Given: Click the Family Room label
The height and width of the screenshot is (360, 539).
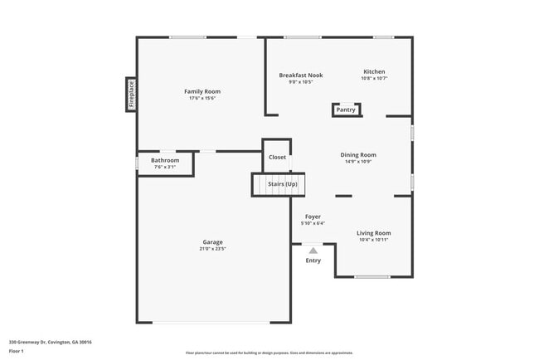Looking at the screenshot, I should (x=202, y=90).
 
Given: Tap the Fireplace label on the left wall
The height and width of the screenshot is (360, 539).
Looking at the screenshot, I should (x=130, y=94).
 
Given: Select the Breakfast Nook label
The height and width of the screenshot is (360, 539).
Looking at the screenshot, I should (x=300, y=75).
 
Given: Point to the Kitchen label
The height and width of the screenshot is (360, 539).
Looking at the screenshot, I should (x=374, y=71).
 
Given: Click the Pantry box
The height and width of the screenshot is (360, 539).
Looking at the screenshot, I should (x=346, y=109).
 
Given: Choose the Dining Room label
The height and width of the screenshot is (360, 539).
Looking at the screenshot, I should (x=358, y=154).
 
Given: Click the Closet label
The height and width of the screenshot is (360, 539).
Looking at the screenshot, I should (x=277, y=157).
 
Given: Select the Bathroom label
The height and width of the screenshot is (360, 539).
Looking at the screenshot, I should (x=165, y=160).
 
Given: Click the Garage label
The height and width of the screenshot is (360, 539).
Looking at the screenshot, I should (x=212, y=241).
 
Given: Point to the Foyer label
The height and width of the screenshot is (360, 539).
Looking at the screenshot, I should (x=313, y=216).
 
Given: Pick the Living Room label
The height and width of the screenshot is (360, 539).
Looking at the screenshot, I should (x=373, y=233).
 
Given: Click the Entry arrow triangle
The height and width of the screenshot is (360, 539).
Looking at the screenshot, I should (x=313, y=250).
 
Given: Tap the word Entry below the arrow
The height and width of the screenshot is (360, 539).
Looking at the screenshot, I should (x=313, y=260).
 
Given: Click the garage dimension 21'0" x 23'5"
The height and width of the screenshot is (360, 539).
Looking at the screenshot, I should (x=212, y=249).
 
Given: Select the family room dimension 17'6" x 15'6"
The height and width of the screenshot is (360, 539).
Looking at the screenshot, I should (x=202, y=98).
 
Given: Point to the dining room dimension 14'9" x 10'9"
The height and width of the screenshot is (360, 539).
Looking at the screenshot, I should (x=358, y=162).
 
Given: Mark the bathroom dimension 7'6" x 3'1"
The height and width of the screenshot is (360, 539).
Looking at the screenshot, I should (x=165, y=168).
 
